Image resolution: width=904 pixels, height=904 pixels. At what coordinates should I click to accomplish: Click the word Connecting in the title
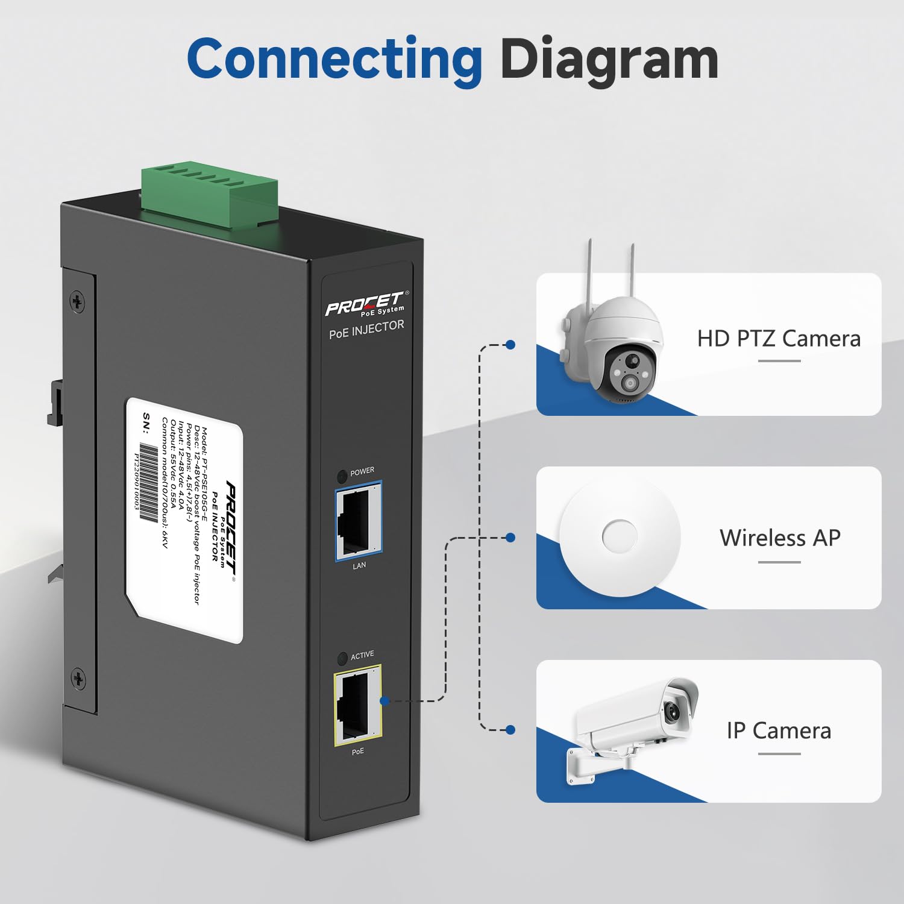334,59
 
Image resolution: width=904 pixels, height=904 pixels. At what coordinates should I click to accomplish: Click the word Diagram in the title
609,59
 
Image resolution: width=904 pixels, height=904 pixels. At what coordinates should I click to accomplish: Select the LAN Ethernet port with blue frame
358,521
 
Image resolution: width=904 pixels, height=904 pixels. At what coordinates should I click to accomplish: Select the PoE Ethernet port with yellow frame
357,705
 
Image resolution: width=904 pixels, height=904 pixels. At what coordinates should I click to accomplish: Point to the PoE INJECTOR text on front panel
366,329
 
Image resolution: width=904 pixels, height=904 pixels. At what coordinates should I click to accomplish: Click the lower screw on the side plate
78,679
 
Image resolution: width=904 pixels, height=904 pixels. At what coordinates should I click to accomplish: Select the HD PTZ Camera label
779,339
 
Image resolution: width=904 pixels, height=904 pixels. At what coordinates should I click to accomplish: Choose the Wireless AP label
780,538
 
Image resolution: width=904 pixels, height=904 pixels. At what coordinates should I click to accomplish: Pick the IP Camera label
779,730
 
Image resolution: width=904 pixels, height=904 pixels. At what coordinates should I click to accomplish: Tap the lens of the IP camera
673,712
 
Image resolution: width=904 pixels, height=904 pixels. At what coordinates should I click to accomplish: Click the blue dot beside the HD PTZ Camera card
510,345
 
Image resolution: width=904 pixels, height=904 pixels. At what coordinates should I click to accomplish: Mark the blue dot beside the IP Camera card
510,730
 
